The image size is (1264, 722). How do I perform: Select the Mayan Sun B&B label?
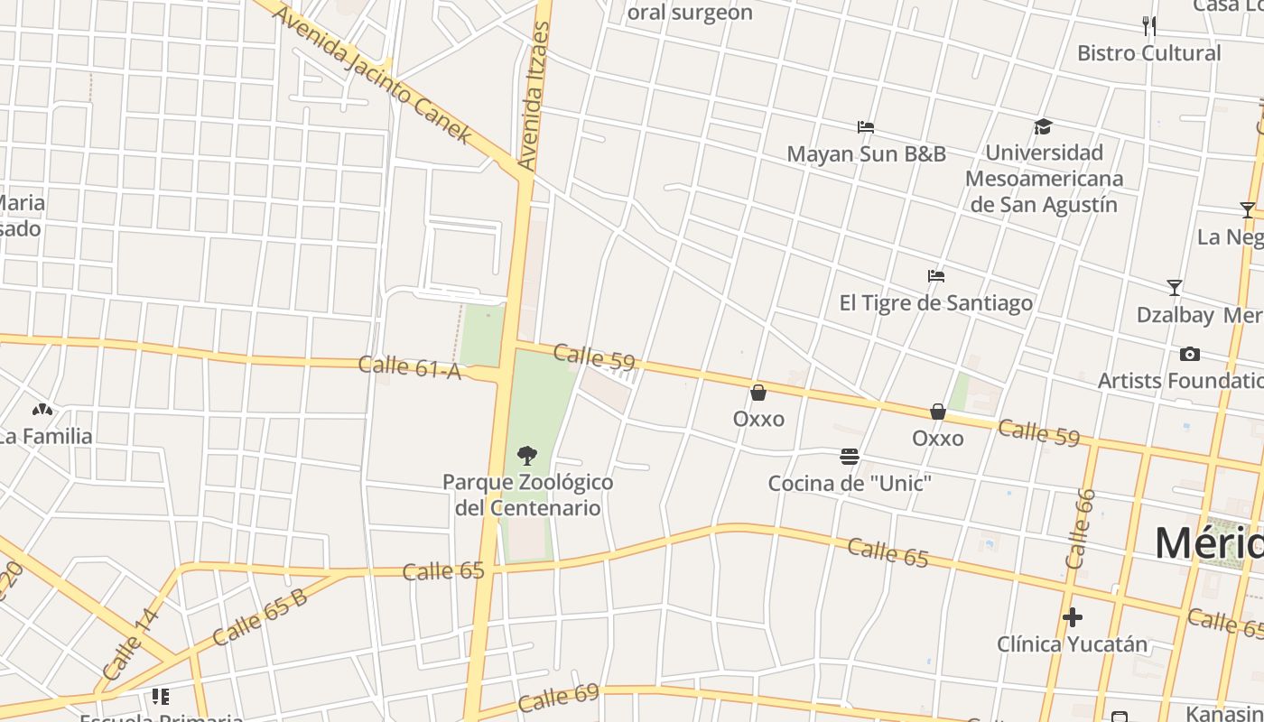pyautogui.click(x=866, y=154)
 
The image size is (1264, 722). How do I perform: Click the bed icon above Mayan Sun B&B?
pyautogui.click(x=866, y=127)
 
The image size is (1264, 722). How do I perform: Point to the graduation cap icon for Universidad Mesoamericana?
pyautogui.click(x=1043, y=126)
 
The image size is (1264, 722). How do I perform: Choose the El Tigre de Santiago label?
pyautogui.click(x=935, y=303)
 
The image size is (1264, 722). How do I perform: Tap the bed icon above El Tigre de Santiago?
pyautogui.click(x=936, y=276)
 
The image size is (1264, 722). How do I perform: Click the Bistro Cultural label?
pyautogui.click(x=1148, y=53)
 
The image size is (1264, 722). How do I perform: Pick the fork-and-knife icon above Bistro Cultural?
pyautogui.click(x=1148, y=25)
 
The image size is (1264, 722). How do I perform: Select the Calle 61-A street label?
pyautogui.click(x=410, y=366)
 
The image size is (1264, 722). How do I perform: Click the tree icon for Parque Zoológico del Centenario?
pyautogui.click(x=526, y=455)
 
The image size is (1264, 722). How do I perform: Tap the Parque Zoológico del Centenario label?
pyautogui.click(x=527, y=495)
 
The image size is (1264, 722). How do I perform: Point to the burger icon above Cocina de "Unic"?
pyautogui.click(x=849, y=456)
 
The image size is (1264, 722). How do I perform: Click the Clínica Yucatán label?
pyautogui.click(x=1072, y=644)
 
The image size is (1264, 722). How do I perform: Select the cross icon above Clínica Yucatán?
pyautogui.click(x=1072, y=617)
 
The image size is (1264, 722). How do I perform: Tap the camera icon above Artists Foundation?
pyautogui.click(x=1189, y=354)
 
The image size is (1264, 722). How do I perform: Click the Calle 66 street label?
pyautogui.click(x=1079, y=529)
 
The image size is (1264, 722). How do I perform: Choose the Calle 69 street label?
pyautogui.click(x=558, y=697)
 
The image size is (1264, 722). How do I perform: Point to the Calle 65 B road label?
pyautogui.click(x=259, y=616)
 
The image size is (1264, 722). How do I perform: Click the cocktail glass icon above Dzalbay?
pyautogui.click(x=1174, y=288)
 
